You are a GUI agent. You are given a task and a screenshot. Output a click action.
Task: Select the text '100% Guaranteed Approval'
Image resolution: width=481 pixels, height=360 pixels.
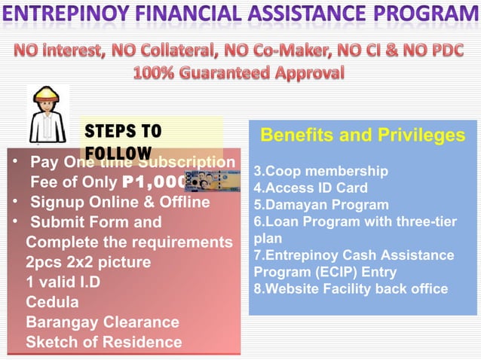(x=239, y=74)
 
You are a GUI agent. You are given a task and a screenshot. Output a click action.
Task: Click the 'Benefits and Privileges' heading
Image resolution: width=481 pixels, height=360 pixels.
(x=363, y=136)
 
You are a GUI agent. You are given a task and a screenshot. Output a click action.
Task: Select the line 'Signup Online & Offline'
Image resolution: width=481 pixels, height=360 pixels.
(x=120, y=202)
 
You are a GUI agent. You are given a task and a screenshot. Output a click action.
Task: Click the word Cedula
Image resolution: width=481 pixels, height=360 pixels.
(x=52, y=303)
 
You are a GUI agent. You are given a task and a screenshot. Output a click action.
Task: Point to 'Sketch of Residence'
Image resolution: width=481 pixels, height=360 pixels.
(x=104, y=343)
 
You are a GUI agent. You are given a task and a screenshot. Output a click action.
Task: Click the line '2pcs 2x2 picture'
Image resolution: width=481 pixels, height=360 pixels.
(x=88, y=263)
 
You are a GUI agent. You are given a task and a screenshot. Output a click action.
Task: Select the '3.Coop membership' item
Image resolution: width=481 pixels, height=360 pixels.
(x=320, y=171)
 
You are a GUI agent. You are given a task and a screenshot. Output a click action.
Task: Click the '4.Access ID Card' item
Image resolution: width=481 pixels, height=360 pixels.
(x=311, y=188)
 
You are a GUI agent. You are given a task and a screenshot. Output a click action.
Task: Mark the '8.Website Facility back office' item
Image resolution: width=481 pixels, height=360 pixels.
(x=351, y=288)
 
